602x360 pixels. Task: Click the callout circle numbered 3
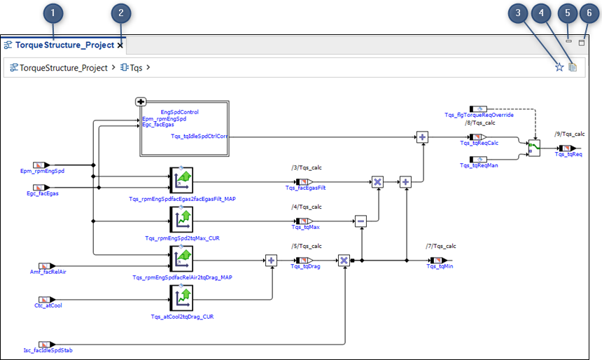point(518,13)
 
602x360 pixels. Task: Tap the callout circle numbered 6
point(589,13)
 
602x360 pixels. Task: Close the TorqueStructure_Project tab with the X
point(120,45)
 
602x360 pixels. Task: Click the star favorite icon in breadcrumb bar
point(559,67)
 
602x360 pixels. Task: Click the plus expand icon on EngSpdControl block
point(140,102)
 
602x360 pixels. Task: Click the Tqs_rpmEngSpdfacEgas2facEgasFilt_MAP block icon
point(181,181)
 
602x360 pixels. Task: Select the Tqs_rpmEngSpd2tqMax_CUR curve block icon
point(181,221)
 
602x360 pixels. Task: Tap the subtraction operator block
point(360,221)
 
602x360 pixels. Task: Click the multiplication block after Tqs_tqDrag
point(344,261)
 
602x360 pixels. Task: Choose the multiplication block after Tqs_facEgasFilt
point(377,182)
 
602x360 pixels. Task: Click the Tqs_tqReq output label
point(568,154)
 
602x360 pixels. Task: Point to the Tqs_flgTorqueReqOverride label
point(479,115)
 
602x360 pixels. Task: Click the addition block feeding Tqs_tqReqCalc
point(422,137)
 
